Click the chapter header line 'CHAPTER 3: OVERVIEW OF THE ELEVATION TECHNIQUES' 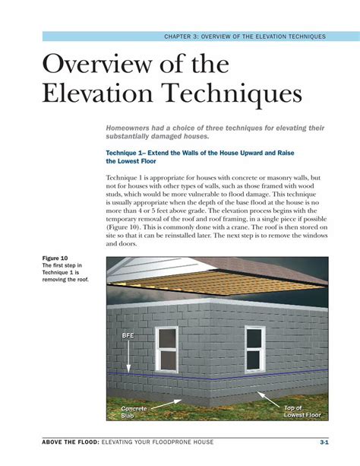[x=244, y=36]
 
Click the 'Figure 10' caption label [x=55, y=258]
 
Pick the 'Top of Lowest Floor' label [x=302, y=413]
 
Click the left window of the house [x=167, y=349]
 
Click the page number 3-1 [x=324, y=442]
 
